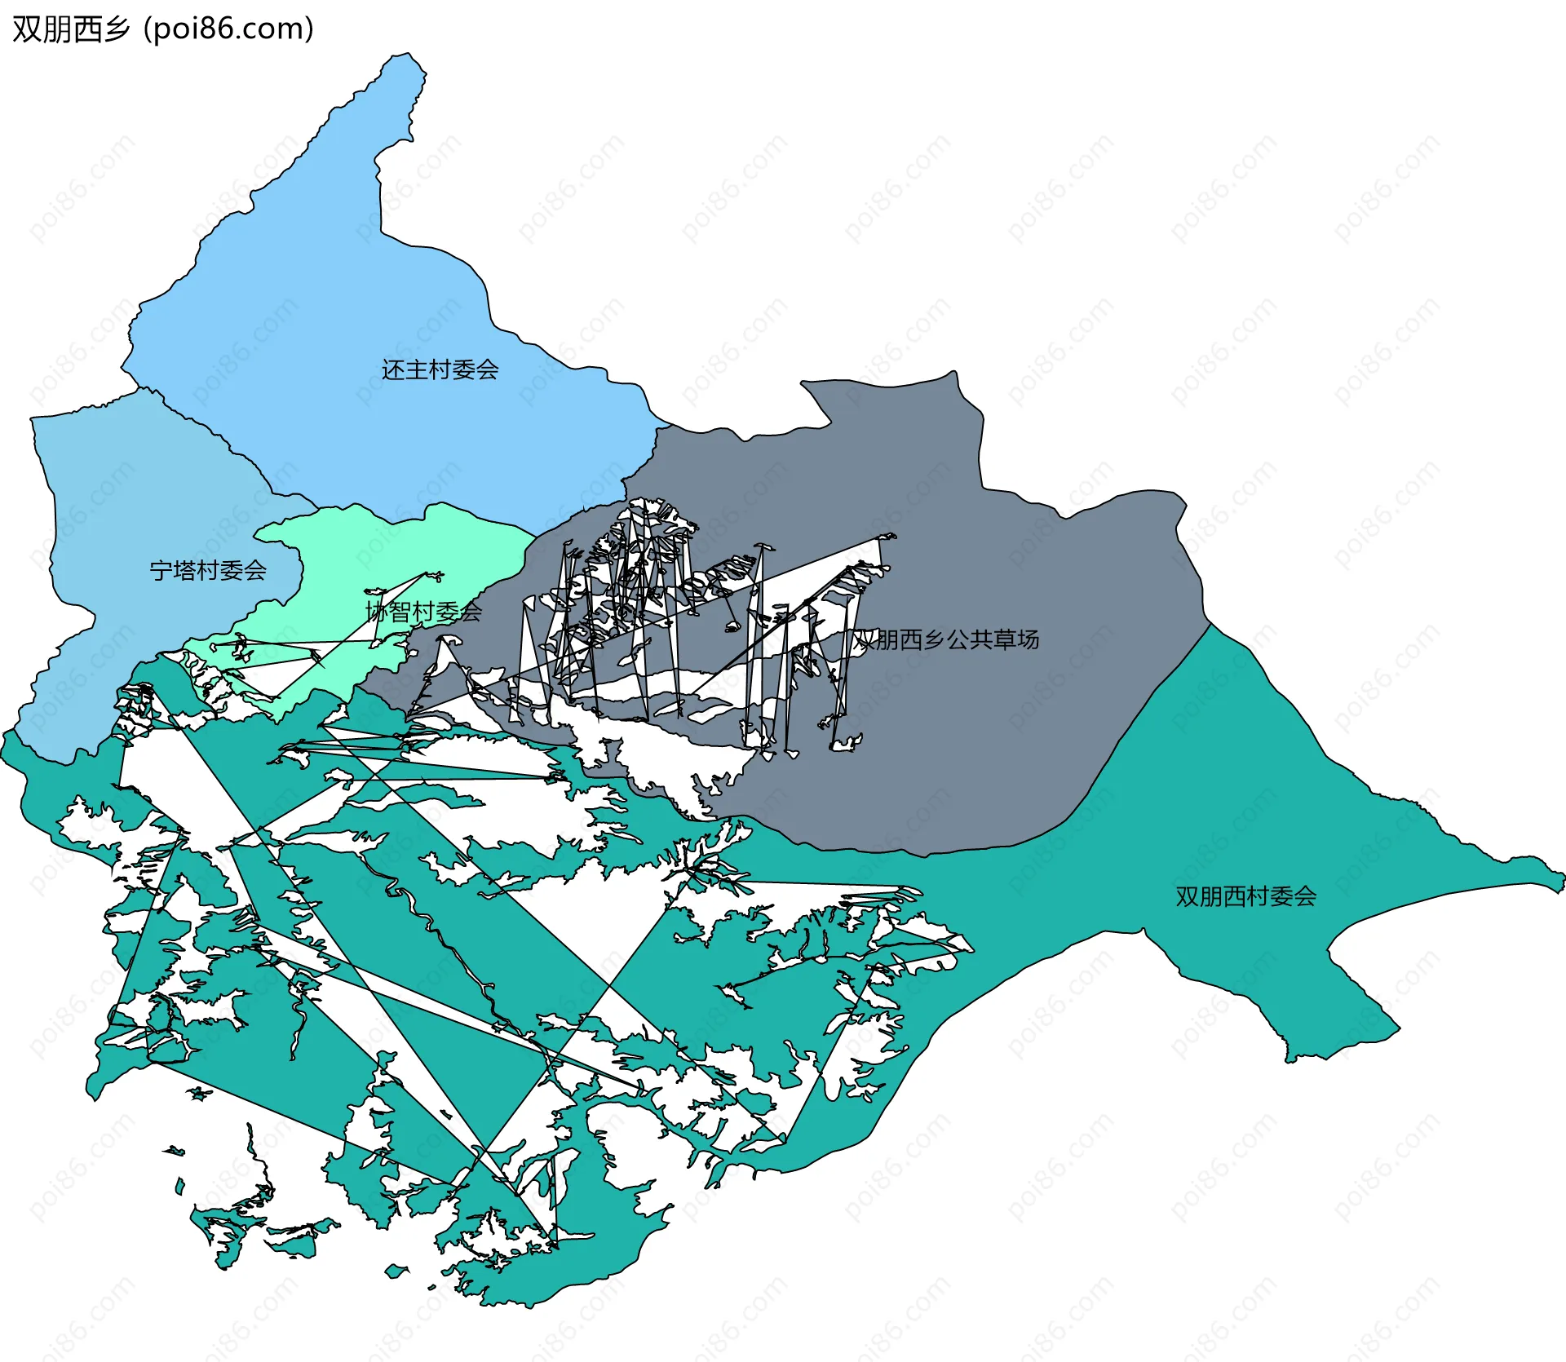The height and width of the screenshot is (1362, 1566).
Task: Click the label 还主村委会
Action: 440,369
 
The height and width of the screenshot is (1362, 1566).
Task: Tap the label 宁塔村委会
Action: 208,570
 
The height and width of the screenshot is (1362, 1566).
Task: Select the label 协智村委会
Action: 423,611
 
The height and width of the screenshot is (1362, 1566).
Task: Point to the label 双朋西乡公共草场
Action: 946,639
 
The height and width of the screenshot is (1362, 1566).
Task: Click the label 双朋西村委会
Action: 1245,896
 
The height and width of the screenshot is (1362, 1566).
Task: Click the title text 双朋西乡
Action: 71,29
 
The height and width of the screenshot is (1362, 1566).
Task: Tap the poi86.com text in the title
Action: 228,29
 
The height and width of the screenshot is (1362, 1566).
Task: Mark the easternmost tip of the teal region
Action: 1561,881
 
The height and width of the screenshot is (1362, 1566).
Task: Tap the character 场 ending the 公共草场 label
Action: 1028,639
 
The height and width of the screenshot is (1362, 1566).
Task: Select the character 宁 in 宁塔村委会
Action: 161,570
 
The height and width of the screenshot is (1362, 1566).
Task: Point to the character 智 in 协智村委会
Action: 400,611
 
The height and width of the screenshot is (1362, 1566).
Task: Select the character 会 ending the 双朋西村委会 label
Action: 1304,896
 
